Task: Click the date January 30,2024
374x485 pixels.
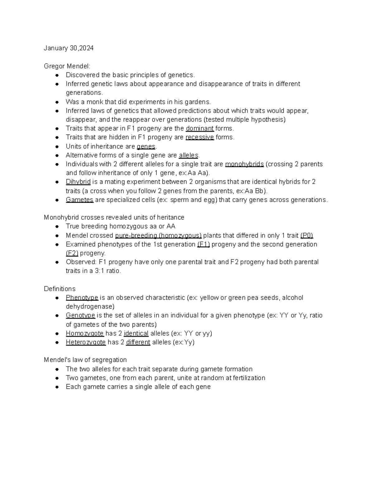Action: (x=69, y=48)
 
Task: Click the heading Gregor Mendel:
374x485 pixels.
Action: (x=67, y=66)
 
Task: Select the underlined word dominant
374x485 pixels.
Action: (x=199, y=128)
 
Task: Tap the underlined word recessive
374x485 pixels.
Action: (x=199, y=137)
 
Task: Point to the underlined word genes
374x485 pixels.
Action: (x=146, y=146)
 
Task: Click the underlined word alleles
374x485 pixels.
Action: (x=189, y=155)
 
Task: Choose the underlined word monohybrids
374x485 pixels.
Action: (x=244, y=164)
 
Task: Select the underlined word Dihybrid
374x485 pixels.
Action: (x=78, y=182)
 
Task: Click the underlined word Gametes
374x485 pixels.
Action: (x=79, y=200)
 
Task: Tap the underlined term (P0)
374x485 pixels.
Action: (x=307, y=235)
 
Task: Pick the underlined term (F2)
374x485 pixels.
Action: (x=72, y=253)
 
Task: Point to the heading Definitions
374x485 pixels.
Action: (x=60, y=289)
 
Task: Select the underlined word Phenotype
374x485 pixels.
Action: (x=82, y=298)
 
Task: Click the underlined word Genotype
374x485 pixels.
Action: (x=80, y=315)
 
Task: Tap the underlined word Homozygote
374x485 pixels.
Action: (x=85, y=333)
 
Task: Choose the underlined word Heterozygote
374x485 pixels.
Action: (x=86, y=342)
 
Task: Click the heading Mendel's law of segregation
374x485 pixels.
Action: (x=85, y=360)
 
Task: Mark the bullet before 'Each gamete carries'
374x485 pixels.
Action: (x=57, y=387)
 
